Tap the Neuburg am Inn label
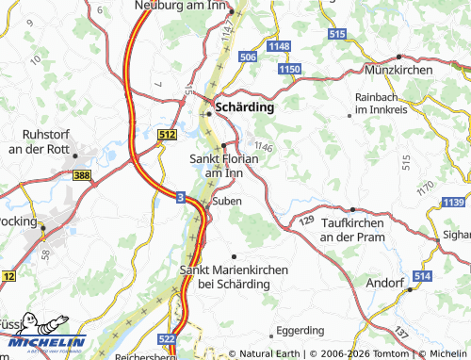point(185,6)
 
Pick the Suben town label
point(227,201)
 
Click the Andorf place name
point(385,282)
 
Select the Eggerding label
point(300,332)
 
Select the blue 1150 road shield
point(289,70)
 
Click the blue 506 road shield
point(248,57)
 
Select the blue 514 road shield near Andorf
point(421,275)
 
